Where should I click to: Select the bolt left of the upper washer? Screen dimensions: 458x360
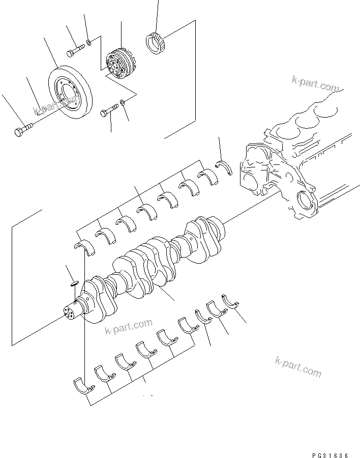click(76, 50)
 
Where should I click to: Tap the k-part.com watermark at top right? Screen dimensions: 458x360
click(315, 83)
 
